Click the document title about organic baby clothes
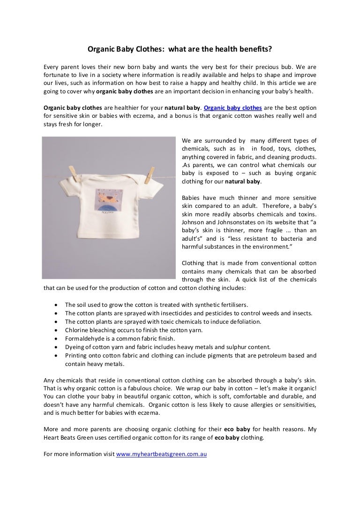coord(180,49)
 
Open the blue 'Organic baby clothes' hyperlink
coord(233,107)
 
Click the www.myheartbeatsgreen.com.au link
coord(161,455)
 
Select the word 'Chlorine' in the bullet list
coord(76,330)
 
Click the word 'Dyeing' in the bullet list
coord(74,347)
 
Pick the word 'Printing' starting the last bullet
coord(76,355)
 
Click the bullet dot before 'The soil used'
coord(56,304)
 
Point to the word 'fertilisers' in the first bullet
coord(231,304)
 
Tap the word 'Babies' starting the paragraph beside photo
coord(192,198)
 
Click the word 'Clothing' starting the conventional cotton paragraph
coord(194,263)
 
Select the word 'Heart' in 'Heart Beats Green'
coord(52,438)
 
